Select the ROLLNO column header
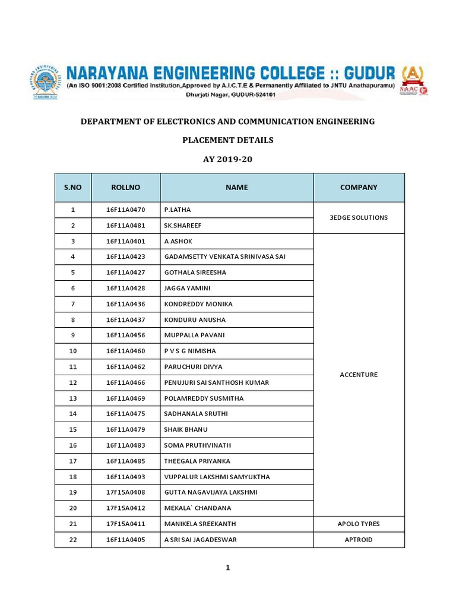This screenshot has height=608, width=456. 125,187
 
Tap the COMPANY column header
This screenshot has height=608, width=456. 359,187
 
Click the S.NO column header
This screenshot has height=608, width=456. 73,187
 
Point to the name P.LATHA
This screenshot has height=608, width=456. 178,210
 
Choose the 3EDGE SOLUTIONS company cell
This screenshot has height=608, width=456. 359,217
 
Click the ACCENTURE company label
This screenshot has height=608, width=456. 359,375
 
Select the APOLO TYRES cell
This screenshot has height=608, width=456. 359,524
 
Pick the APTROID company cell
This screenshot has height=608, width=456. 359,540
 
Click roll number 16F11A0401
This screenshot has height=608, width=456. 125,241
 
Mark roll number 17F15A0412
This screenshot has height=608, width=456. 125,508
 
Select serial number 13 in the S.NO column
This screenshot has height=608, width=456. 73,398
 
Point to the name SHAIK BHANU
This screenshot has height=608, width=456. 186,429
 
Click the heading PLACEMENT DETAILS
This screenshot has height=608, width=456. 227,140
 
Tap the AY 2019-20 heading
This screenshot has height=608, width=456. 227,159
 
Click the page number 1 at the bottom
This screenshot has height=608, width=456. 227,568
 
